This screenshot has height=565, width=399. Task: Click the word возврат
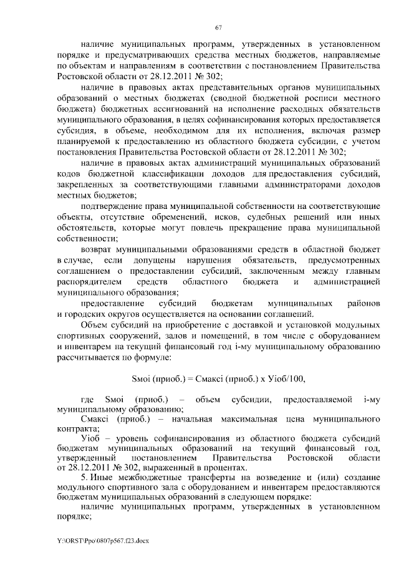(x=97, y=247)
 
